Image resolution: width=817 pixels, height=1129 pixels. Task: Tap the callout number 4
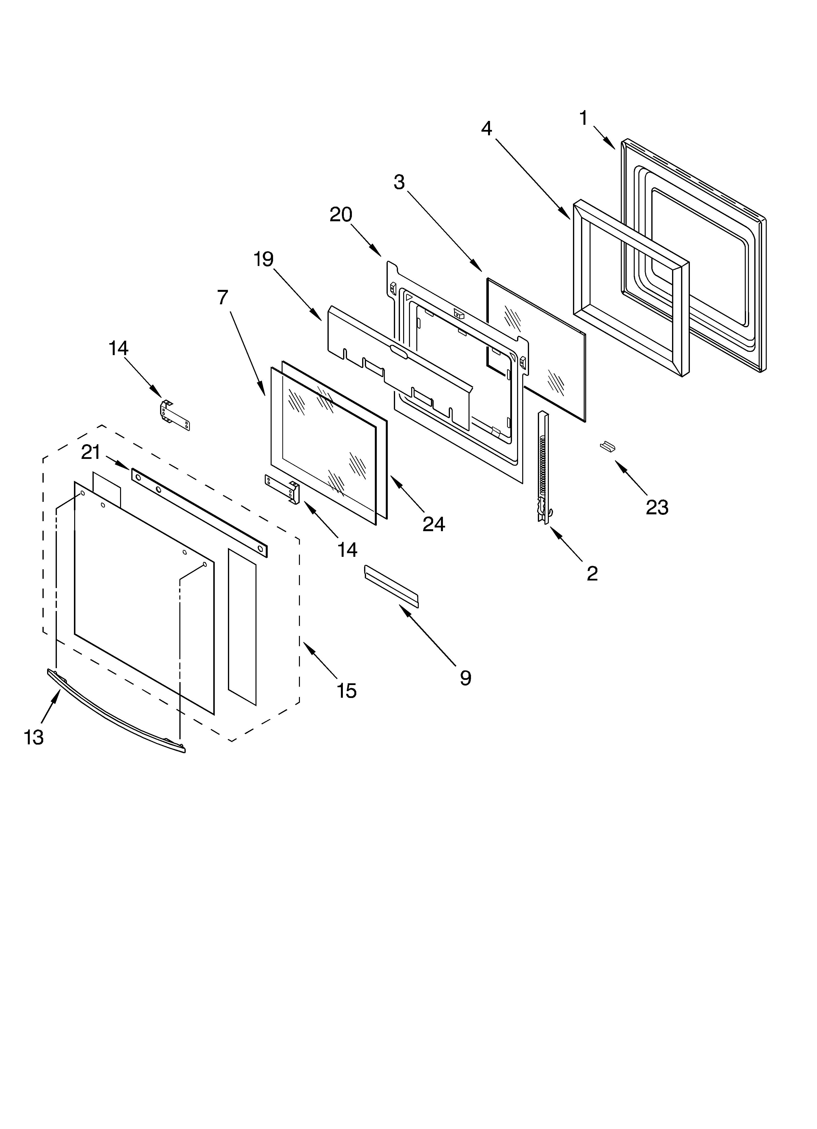point(487,128)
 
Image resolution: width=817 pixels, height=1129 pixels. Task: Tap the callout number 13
point(34,737)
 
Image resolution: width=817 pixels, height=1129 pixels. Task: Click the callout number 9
point(465,677)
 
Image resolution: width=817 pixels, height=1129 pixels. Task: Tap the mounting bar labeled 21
point(199,512)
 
